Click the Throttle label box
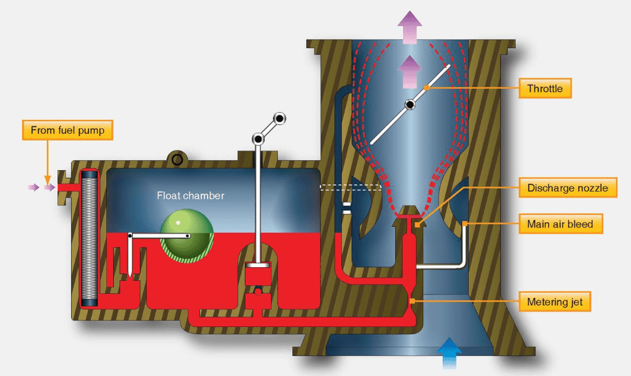coord(545,88)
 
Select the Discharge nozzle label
coord(567,188)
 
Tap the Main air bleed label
coord(560,224)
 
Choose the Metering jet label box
coord(555,302)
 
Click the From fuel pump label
coord(68,130)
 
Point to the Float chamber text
coord(190,195)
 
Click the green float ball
coord(187,236)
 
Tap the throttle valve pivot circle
coord(410,105)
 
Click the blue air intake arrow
coord(449,353)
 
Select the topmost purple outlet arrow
coord(410,27)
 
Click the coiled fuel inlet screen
coord(89,239)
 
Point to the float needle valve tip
coord(130,276)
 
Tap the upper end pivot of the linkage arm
coord(279,119)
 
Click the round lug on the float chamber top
coord(177,160)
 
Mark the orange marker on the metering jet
coord(412,301)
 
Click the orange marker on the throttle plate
coord(427,87)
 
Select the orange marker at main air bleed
coord(464,224)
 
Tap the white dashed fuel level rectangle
coord(350,187)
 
